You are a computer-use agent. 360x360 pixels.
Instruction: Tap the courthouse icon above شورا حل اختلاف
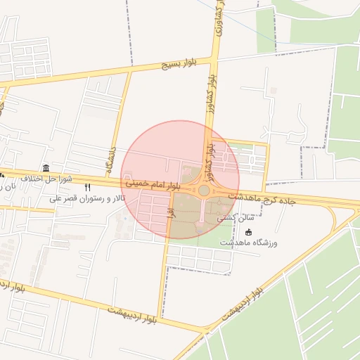[46, 168]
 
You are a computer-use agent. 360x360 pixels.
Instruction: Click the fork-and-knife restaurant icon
[87, 188]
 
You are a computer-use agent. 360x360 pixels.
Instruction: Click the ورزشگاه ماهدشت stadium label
[249, 242]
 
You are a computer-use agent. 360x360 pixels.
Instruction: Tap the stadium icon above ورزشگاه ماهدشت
[248, 231]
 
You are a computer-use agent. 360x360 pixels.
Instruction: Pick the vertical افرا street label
[169, 210]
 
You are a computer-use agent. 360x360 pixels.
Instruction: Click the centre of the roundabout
[204, 190]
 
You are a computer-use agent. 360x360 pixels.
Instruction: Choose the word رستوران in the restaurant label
[91, 198]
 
